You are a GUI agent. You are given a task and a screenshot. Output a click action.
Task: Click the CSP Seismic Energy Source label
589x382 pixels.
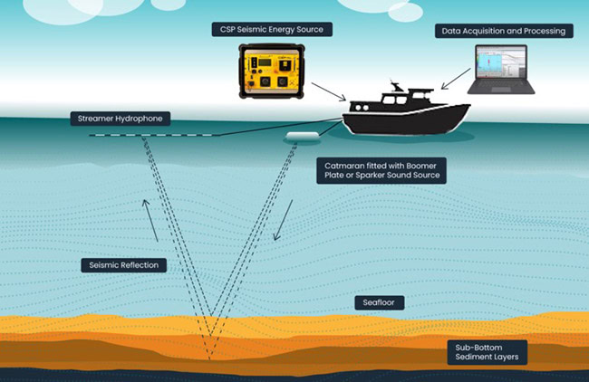click(x=272, y=29)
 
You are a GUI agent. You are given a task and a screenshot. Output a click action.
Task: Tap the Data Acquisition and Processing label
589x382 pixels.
click(x=504, y=31)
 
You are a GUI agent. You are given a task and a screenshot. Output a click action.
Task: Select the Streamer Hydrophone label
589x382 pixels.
click(x=121, y=119)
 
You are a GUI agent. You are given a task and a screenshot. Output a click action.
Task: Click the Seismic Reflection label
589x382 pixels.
click(x=124, y=265)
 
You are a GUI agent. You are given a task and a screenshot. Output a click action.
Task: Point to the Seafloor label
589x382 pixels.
click(x=379, y=302)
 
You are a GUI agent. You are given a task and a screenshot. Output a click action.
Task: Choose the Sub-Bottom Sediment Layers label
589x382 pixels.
click(x=488, y=352)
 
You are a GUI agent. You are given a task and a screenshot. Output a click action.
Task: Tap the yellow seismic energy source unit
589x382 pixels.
click(x=272, y=71)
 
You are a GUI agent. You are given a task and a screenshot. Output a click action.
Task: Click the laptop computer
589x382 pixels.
click(x=501, y=70)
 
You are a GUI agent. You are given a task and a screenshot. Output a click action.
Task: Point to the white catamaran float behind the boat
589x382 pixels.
click(x=303, y=136)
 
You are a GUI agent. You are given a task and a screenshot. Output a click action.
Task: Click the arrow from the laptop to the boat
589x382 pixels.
click(x=456, y=79)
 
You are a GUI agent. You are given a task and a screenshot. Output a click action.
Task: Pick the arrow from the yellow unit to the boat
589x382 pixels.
click(x=329, y=92)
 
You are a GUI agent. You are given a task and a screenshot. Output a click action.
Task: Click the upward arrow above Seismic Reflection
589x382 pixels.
click(x=150, y=220)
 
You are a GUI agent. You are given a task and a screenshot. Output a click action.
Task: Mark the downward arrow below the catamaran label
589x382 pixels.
click(x=284, y=220)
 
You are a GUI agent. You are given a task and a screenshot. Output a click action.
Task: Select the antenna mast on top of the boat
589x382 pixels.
click(x=395, y=86)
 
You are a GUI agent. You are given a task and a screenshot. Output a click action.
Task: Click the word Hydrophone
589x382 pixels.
click(x=139, y=119)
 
